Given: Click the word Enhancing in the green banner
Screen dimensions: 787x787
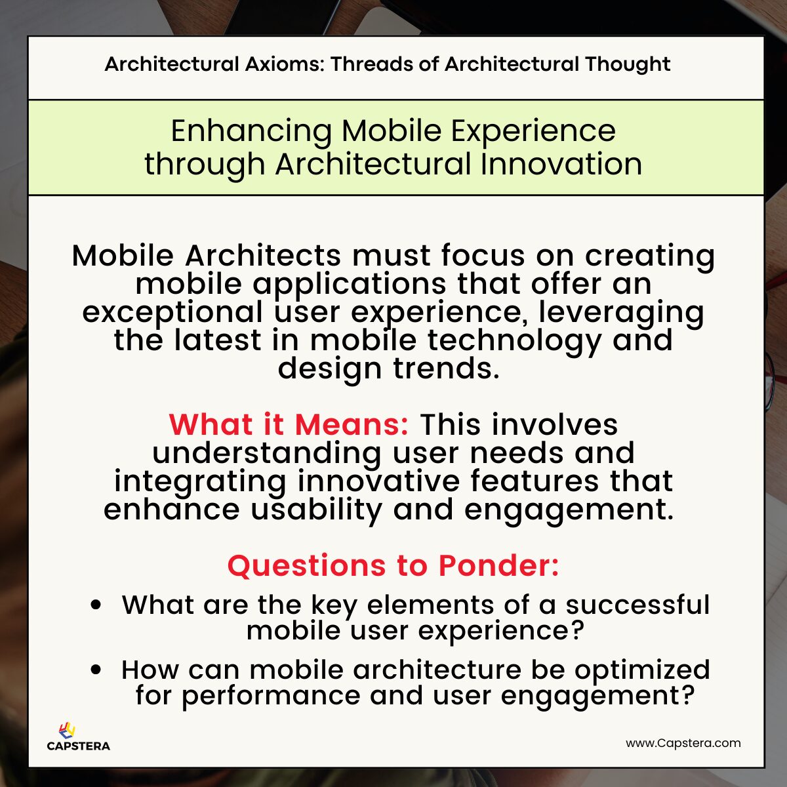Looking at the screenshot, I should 252,131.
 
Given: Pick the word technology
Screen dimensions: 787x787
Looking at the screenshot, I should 514,340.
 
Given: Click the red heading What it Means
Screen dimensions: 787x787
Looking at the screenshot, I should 289,424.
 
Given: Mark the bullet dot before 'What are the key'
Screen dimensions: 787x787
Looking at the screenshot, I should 96,605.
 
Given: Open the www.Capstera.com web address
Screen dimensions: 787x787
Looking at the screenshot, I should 683,743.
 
